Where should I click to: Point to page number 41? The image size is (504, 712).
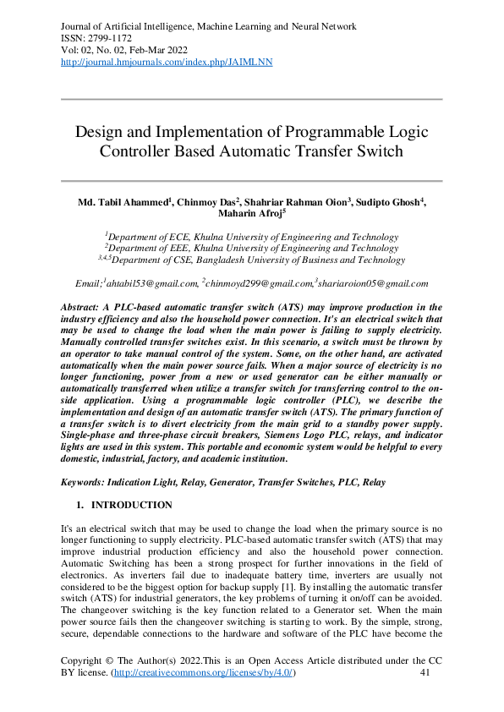426,672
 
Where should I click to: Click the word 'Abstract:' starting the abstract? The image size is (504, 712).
86,306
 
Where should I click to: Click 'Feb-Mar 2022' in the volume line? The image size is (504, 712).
156,51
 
